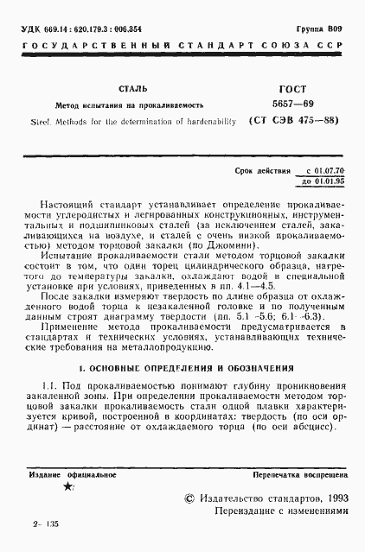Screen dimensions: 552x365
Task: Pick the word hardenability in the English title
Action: pos(204,121)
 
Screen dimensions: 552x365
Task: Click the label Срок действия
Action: pos(263,172)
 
